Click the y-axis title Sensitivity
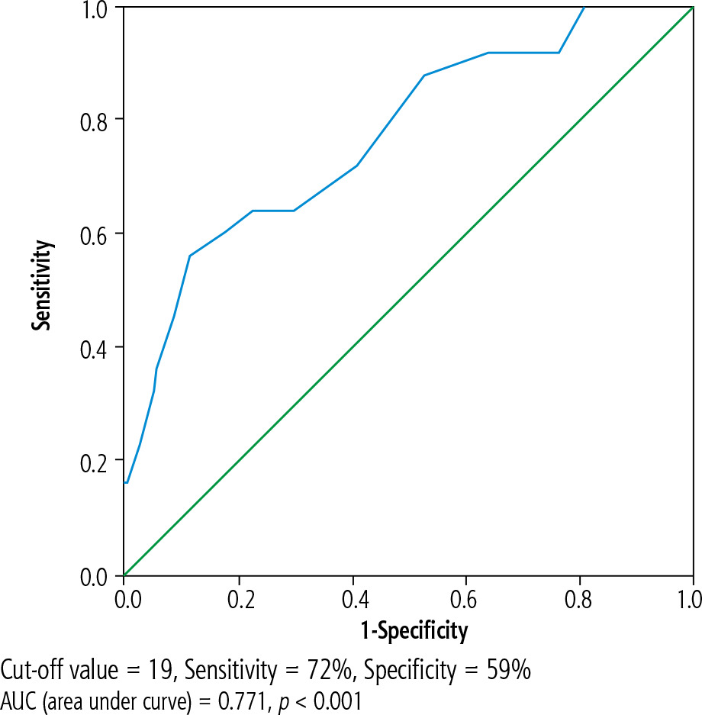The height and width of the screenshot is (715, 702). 43,285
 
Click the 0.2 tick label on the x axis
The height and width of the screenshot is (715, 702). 238,596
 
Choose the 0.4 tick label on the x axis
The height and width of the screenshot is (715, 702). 352,596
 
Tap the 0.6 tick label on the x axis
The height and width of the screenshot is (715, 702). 465,596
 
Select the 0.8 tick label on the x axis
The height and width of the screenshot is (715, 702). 579,596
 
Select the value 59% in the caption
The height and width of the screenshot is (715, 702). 509,671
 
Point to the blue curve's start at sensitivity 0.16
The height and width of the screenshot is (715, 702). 125,482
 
